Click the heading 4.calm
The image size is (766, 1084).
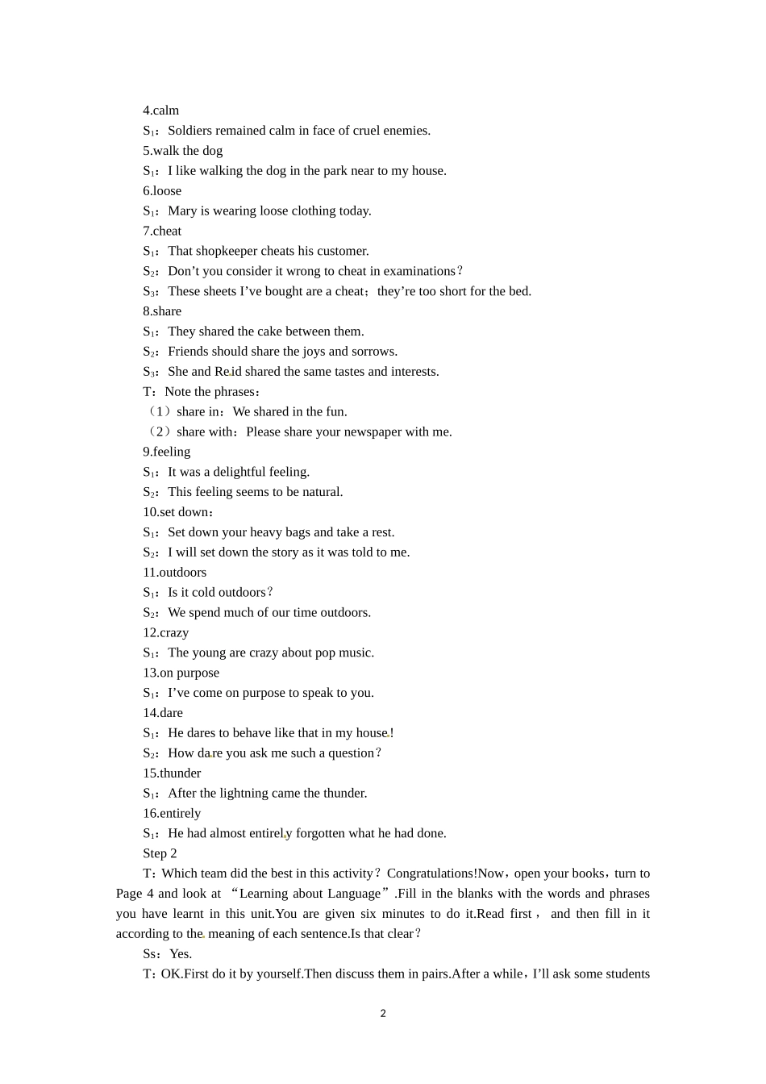click(x=161, y=110)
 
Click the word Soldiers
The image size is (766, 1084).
click(x=190, y=131)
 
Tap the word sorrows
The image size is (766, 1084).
click(x=376, y=352)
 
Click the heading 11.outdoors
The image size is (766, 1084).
click(x=175, y=573)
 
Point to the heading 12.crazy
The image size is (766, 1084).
click(x=166, y=633)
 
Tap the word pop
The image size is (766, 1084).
click(x=325, y=653)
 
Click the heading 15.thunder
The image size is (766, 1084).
click(x=173, y=773)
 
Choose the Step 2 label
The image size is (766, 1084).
click(x=160, y=854)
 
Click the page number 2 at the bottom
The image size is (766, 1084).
click(x=383, y=1014)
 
